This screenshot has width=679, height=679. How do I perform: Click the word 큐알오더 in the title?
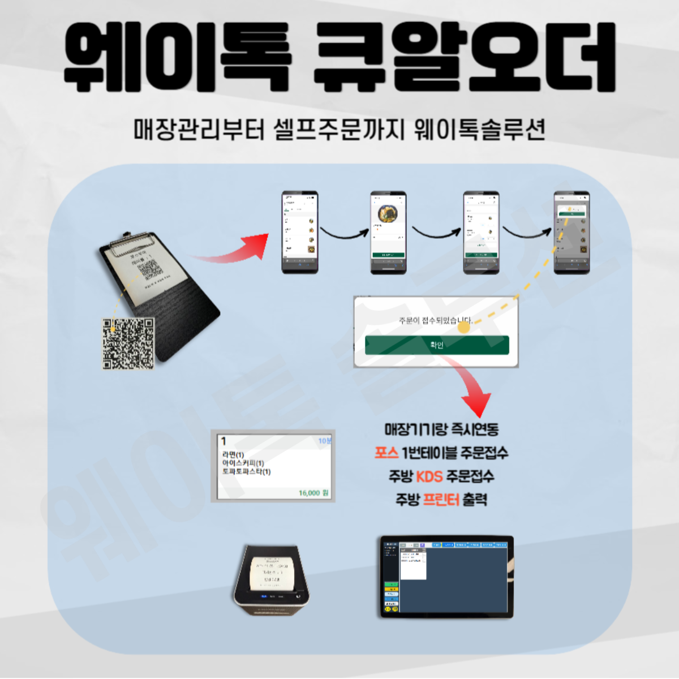[464, 57]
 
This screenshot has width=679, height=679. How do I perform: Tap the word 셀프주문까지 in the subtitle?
[339, 129]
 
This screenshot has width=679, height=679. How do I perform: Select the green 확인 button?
[437, 345]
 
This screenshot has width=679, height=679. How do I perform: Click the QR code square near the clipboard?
[128, 343]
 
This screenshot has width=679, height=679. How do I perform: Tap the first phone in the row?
[300, 233]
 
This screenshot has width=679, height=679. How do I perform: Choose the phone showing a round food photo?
[388, 233]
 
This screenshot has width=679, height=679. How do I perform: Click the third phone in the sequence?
[481, 233]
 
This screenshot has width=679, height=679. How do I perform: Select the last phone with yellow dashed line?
[571, 233]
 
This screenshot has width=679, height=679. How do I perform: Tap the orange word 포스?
[386, 453]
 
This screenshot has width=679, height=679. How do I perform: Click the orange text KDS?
[429, 476]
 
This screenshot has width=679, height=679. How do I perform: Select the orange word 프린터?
[441, 500]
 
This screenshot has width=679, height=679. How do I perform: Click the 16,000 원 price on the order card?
[313, 493]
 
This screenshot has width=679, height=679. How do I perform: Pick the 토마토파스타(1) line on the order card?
[247, 471]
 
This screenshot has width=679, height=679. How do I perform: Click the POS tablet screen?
[446, 577]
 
